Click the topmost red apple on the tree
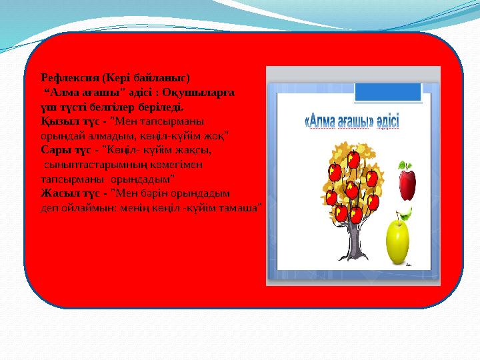[354, 158]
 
